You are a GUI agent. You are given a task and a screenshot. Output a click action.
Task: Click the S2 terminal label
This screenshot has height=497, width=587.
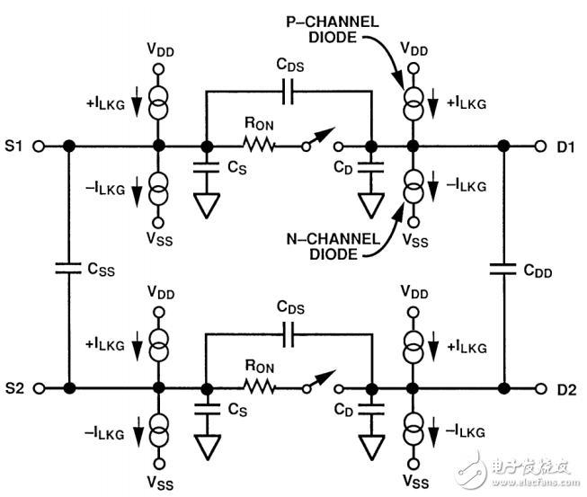click(x=14, y=388)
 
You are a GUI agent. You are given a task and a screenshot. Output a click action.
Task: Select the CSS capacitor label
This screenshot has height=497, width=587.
click(x=95, y=267)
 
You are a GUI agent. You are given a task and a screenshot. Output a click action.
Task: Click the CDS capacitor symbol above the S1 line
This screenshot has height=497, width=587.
click(x=288, y=91)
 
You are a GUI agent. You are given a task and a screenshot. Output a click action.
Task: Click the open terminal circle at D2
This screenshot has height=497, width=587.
click(x=540, y=388)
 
